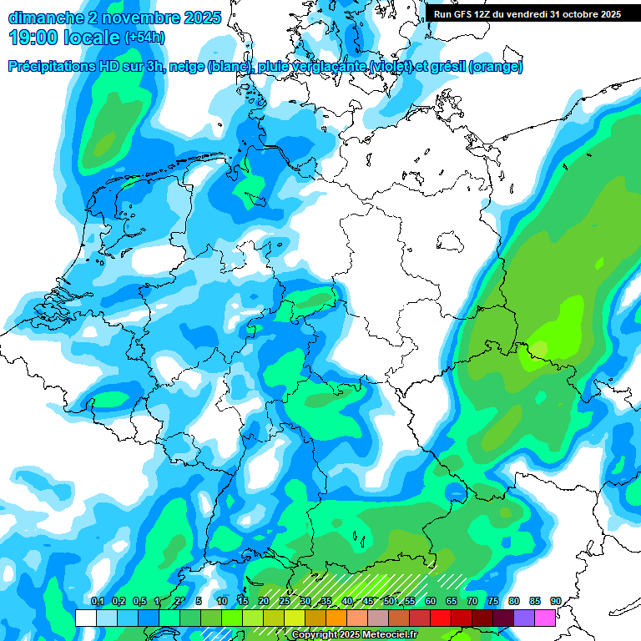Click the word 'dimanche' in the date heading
[x=45, y=17]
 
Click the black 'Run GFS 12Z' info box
[x=527, y=14]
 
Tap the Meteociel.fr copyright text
[x=354, y=635]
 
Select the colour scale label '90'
[x=556, y=602]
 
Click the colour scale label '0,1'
[x=98, y=602]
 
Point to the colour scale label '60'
[x=431, y=602]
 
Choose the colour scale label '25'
[x=285, y=602]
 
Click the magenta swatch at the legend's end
[x=545, y=618]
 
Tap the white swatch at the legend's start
[x=85, y=618]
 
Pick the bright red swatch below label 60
[x=441, y=618]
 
